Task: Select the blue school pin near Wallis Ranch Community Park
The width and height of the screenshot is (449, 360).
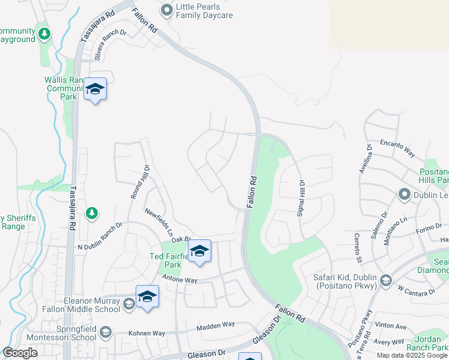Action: (x=95, y=89)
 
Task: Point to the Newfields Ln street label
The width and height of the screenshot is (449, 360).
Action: (x=160, y=221)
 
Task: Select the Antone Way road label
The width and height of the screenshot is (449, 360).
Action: (x=180, y=280)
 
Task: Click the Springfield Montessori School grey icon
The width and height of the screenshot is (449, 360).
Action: (x=105, y=332)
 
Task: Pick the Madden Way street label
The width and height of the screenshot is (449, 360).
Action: (x=216, y=325)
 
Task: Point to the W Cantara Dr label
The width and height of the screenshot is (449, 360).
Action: (x=415, y=290)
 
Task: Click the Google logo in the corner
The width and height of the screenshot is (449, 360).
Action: (x=20, y=353)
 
